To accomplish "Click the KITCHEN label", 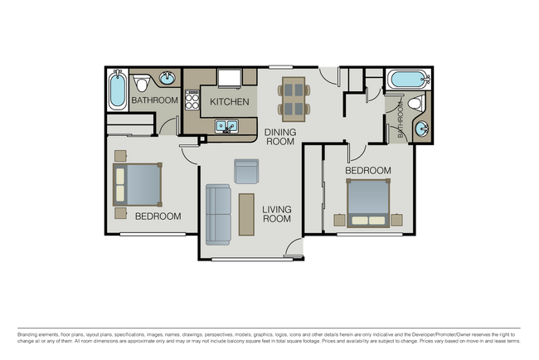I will coord(229,102).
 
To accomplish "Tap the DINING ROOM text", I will coord(279,136).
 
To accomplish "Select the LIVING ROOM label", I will coord(277,214).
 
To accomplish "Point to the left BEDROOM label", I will coord(158,216).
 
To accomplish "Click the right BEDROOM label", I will coord(367,171).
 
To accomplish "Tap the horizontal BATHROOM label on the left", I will coord(154,100).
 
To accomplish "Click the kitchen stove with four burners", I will coord(192,102).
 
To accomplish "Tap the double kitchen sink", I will coord(226,127).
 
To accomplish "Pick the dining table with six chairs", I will coord(294,97).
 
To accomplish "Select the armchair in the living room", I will coord(246,171).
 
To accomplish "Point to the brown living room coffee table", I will coord(246,214).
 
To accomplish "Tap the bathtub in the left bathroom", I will coord(115,91).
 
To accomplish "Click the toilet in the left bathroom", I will coord(141,84).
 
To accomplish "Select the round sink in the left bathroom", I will coord(167,79).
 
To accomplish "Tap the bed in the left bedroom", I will coord(138,184).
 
